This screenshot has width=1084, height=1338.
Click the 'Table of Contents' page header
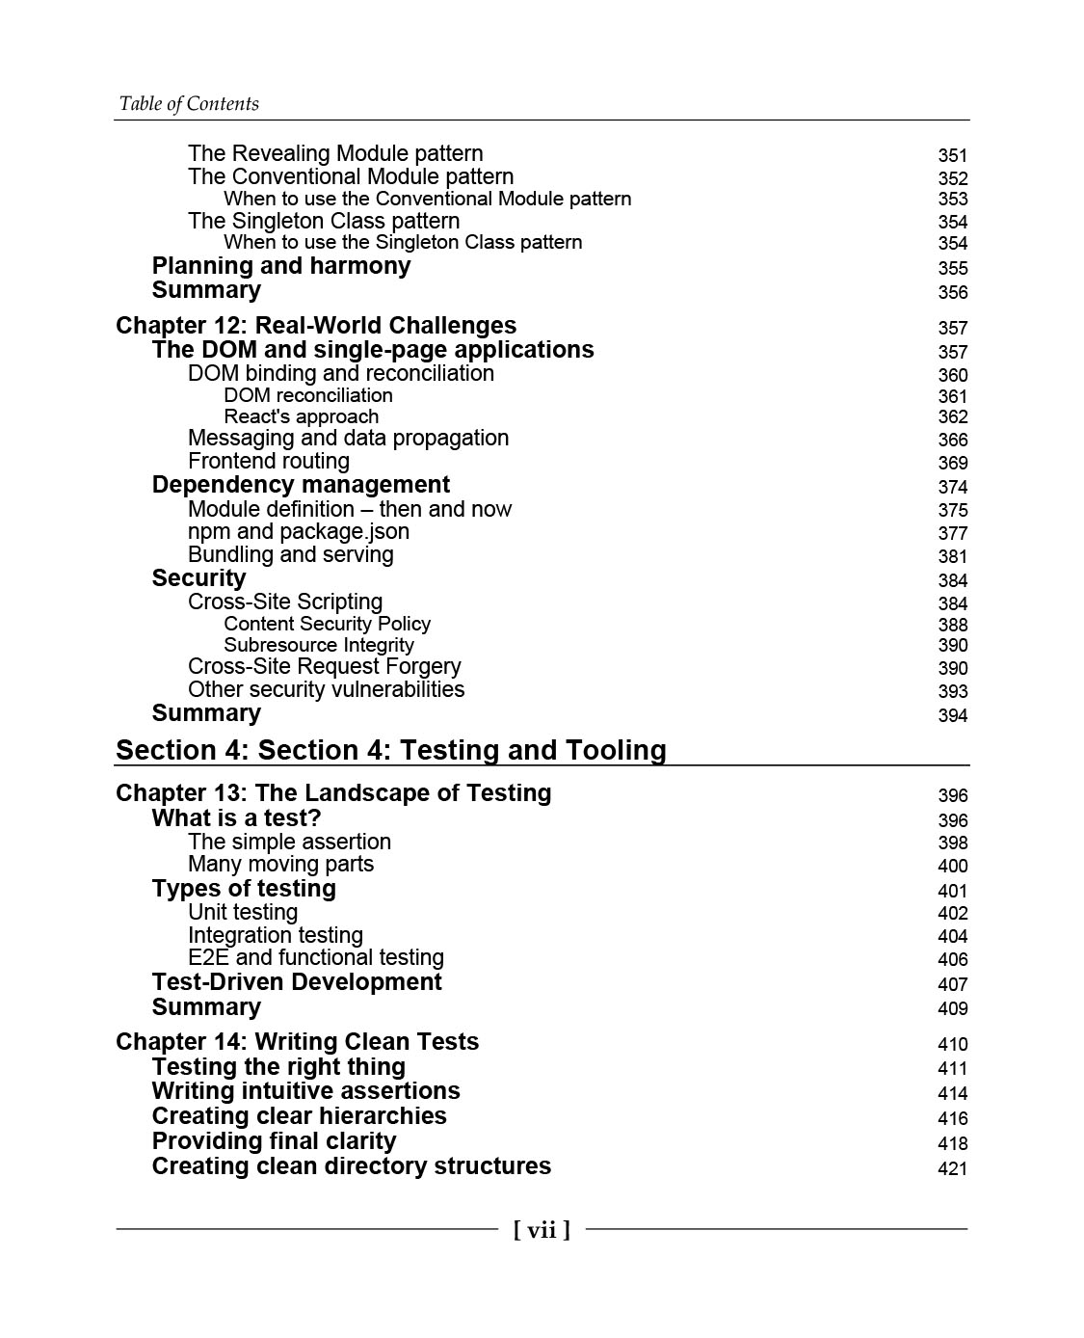pos(189,104)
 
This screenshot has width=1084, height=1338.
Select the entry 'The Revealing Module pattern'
pos(335,154)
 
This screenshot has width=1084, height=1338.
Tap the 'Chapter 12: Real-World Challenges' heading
pos(316,326)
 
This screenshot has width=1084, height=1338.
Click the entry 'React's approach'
pos(301,416)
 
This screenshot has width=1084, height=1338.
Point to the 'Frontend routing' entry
pos(269,462)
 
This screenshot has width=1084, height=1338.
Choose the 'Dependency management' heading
pos(301,485)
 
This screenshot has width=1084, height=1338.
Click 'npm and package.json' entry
pos(299,532)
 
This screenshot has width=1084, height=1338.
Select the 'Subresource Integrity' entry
pos(319,645)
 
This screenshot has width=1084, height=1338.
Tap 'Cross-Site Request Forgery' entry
pos(325,667)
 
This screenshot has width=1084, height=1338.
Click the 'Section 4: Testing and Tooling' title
pos(390,750)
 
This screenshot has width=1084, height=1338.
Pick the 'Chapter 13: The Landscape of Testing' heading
pos(333,793)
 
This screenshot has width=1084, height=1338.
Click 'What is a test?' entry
pos(236,818)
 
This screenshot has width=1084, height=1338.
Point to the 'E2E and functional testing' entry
pos(316,958)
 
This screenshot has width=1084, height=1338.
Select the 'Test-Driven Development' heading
pos(297,982)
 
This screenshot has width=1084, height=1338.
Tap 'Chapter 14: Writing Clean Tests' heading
pos(297,1042)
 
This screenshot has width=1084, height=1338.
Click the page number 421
pos(952,1168)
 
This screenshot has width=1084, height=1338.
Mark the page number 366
pos(952,440)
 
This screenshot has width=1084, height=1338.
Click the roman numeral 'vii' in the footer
pos(542,1229)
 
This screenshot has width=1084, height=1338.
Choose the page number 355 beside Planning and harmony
pos(952,268)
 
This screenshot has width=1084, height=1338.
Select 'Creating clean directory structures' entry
pos(352,1166)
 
